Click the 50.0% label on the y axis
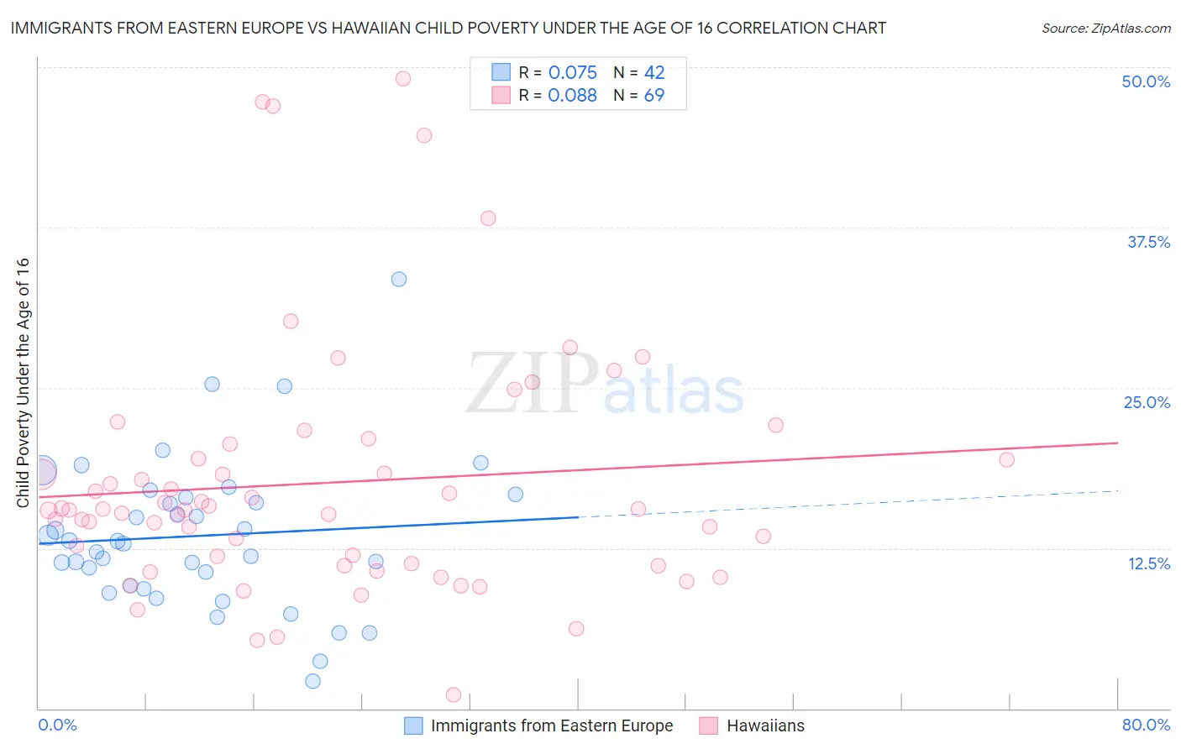coord(1146,81)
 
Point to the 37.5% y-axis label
coord(1148,242)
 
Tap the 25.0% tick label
coord(1147,402)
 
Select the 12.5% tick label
coord(1148,563)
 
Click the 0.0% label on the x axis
coord(57,725)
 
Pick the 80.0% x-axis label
coord(1146,725)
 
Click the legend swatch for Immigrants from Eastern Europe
coord(413,725)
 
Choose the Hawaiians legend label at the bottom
coord(764,725)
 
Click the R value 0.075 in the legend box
coord(572,73)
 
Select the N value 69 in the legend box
coord(653,96)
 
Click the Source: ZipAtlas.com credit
coord(1105,28)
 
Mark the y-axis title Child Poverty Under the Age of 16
coord(23,382)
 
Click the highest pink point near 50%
coord(403,79)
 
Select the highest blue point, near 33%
coord(399,279)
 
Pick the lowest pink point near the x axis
coord(454,694)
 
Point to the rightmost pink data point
coord(1006,459)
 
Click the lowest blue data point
coord(312,681)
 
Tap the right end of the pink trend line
coord(1117,443)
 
